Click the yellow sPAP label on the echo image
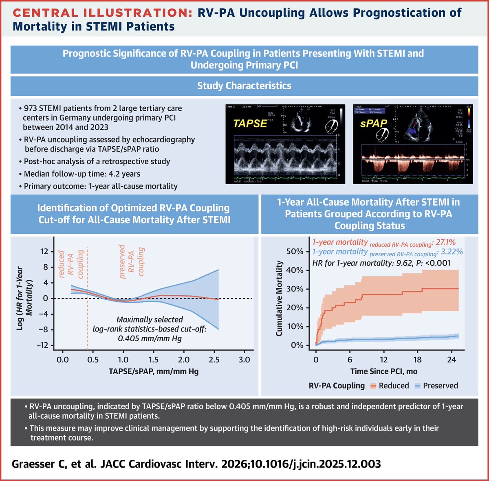click(x=374, y=123)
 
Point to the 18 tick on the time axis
click(x=418, y=360)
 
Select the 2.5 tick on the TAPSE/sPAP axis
click(x=214, y=360)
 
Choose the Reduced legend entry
click(x=393, y=386)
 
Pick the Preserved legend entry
click(x=440, y=386)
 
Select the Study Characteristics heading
click(x=244, y=86)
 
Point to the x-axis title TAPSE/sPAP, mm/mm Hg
click(x=154, y=371)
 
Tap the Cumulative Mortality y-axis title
click(x=280, y=299)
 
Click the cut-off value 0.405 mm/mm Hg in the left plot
click(x=150, y=338)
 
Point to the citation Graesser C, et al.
click(x=60, y=464)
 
